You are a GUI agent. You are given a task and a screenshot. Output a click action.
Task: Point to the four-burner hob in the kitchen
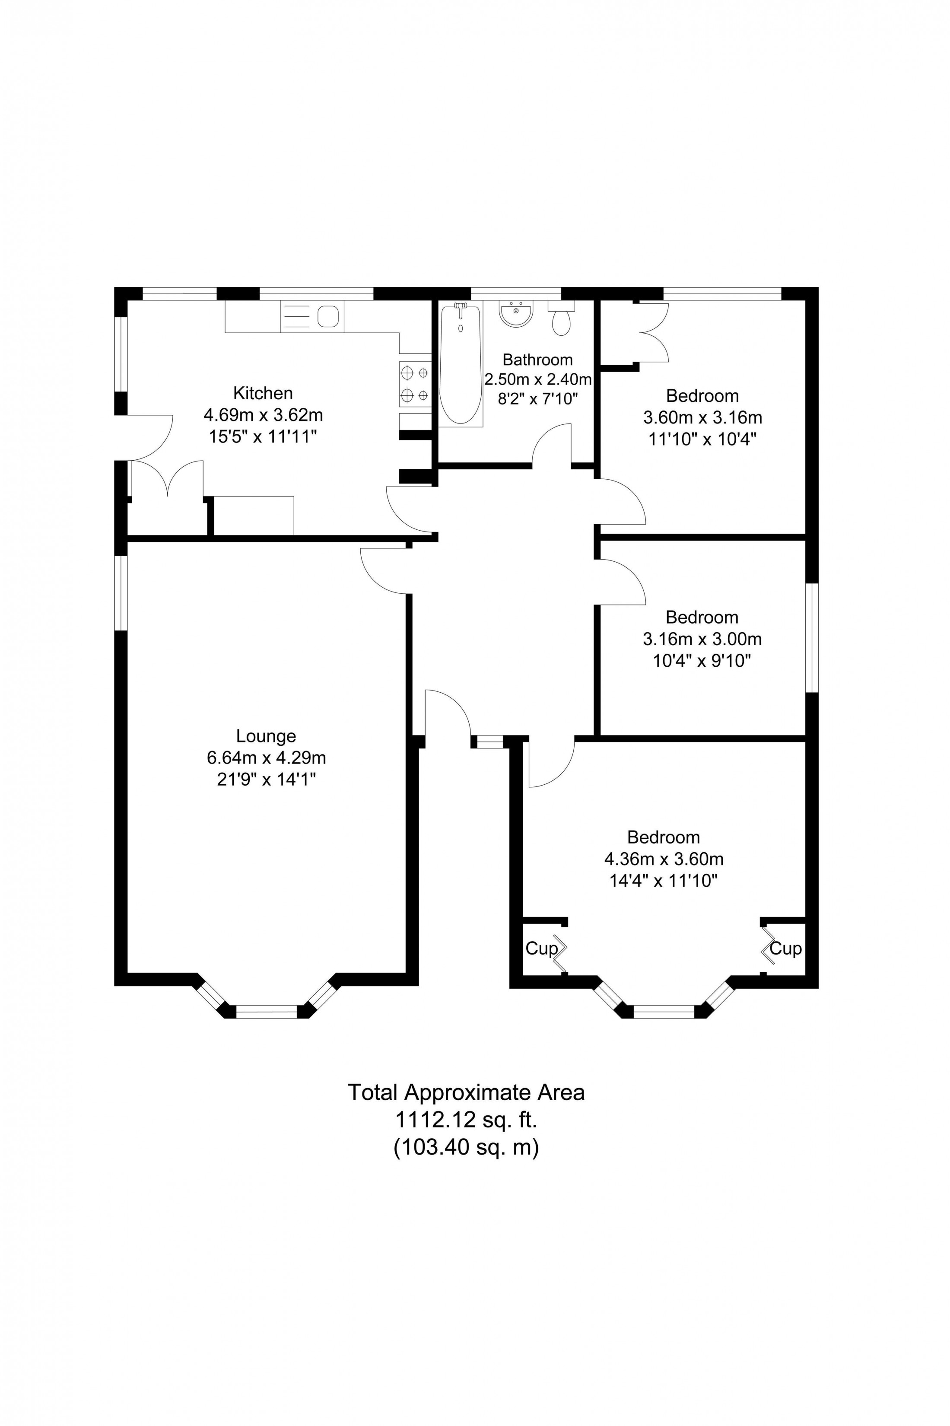(414, 384)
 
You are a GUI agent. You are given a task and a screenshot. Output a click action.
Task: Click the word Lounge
(266, 736)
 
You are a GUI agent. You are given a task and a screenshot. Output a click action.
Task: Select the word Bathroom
(537, 360)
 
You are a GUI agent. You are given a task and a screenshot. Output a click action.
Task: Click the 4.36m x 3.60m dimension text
(664, 859)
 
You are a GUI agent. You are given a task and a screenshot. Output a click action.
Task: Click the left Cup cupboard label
(540, 949)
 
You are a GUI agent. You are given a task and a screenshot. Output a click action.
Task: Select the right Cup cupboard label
(786, 949)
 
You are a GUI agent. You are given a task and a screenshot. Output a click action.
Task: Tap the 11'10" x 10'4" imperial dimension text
(703, 439)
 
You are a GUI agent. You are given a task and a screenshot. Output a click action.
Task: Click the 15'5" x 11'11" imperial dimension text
(263, 437)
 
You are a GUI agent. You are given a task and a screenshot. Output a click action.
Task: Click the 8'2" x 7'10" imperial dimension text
(537, 399)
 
